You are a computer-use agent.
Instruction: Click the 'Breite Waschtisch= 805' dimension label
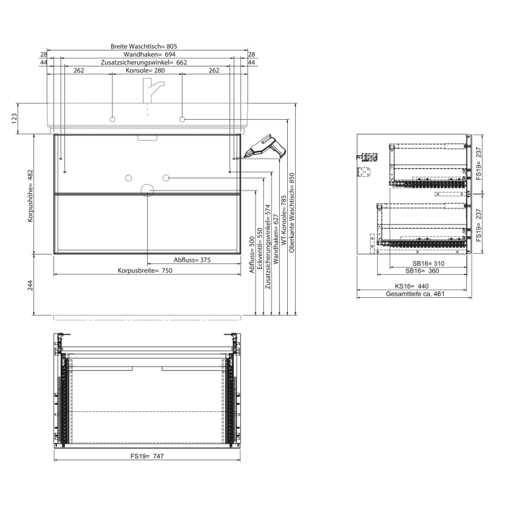point(144,46)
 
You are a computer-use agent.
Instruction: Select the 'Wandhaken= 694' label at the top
point(150,55)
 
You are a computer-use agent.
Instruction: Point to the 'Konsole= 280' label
point(146,71)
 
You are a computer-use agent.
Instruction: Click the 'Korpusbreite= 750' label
point(146,271)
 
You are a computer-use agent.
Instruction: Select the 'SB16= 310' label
point(424,263)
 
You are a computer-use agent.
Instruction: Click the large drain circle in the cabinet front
point(147,190)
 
